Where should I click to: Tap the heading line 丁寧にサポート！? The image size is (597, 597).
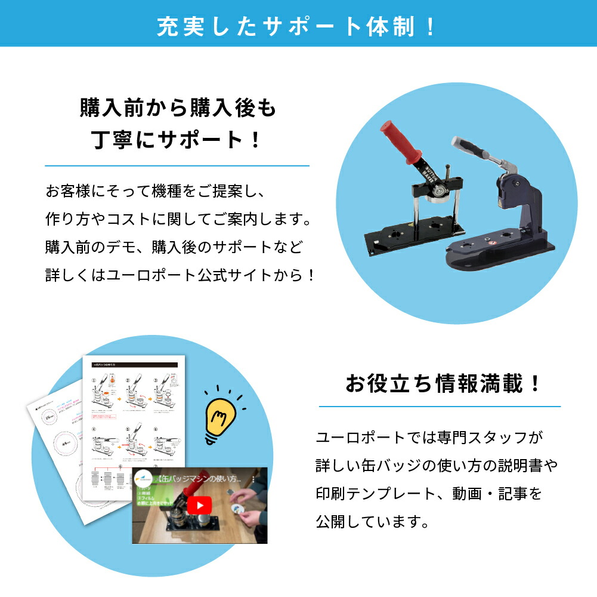point(177,141)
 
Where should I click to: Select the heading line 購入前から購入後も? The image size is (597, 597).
point(177,107)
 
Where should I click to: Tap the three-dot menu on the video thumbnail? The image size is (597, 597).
point(253,479)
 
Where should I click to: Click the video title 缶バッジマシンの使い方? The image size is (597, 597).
point(198,479)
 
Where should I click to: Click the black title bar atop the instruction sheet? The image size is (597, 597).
point(137,363)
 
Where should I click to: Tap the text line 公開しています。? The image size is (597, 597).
point(372,522)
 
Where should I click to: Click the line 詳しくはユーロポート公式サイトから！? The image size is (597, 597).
point(180,275)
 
